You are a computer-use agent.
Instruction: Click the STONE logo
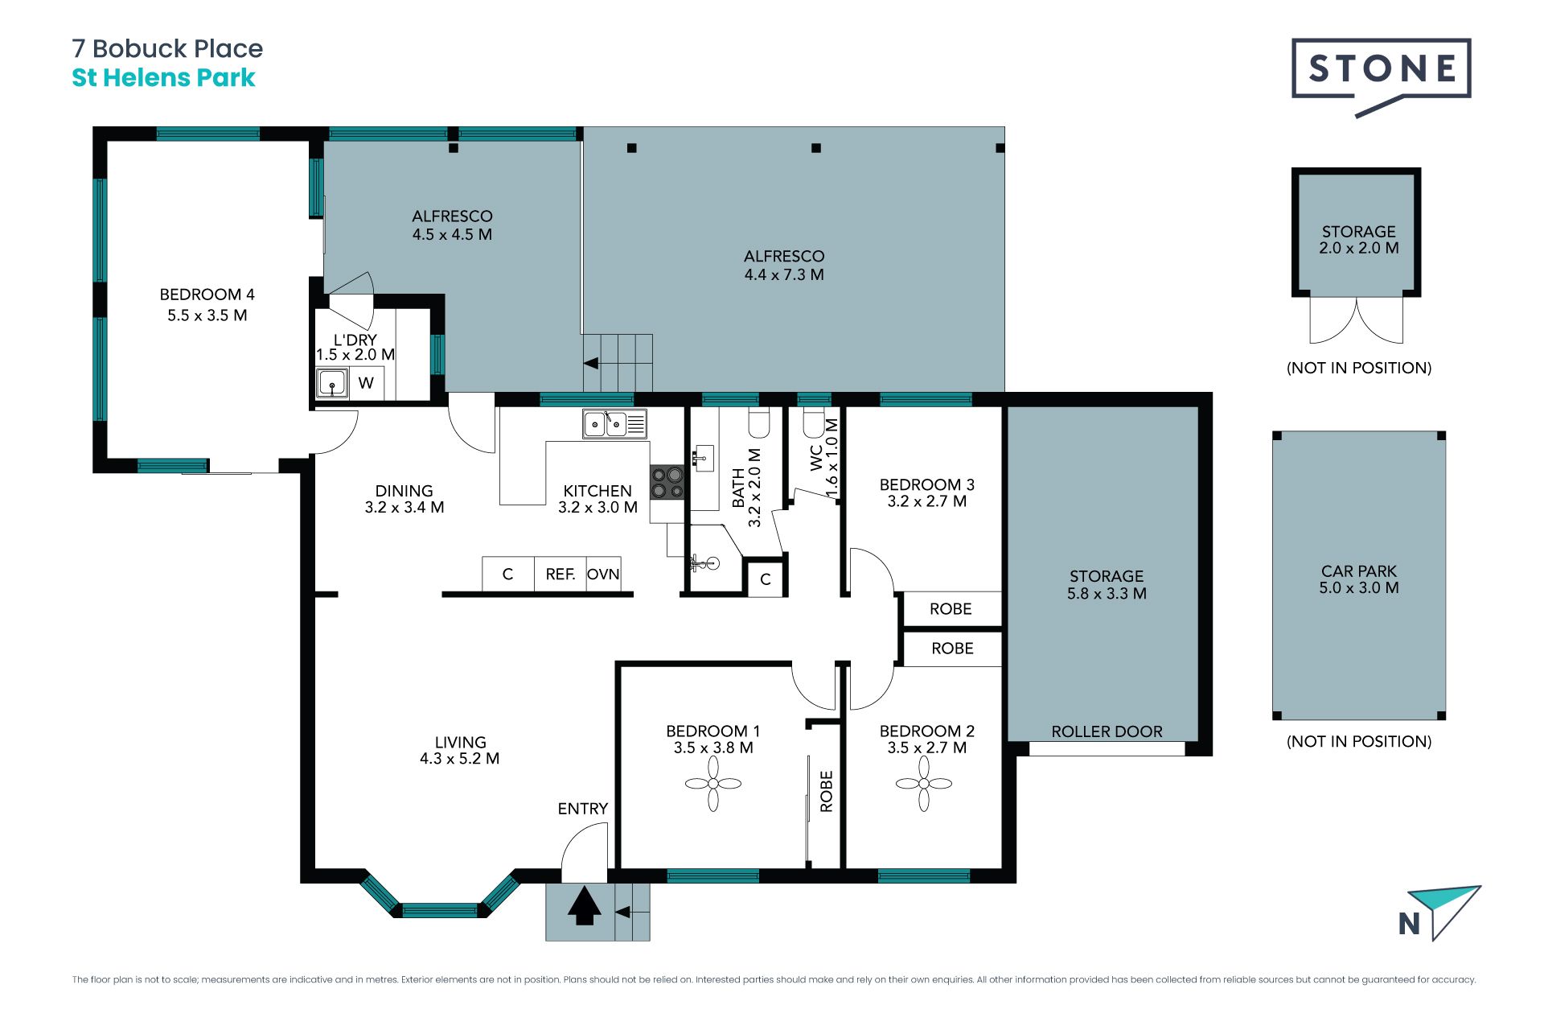pos(1382,77)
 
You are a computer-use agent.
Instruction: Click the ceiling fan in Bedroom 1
pos(713,783)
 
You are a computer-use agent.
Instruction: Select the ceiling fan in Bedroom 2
pos(924,783)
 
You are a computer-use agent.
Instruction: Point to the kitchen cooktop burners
pos(667,483)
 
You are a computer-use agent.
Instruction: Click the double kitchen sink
pos(614,424)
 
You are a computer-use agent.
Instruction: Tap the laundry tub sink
pos(332,383)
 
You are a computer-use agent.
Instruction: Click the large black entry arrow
pos(585,906)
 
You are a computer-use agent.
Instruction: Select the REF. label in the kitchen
pos(561,575)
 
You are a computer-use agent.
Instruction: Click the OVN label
pos(603,575)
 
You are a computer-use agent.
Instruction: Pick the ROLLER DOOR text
pos(1107,731)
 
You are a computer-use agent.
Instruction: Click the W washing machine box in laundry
pos(366,383)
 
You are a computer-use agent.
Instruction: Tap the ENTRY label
pos(583,809)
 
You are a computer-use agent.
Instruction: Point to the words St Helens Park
pos(163,78)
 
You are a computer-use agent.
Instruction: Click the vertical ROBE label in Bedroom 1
pos(827,791)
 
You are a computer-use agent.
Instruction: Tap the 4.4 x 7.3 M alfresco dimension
pos(784,274)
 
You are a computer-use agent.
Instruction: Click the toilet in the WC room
pos(814,424)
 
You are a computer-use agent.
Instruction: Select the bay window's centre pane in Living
pos(440,911)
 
